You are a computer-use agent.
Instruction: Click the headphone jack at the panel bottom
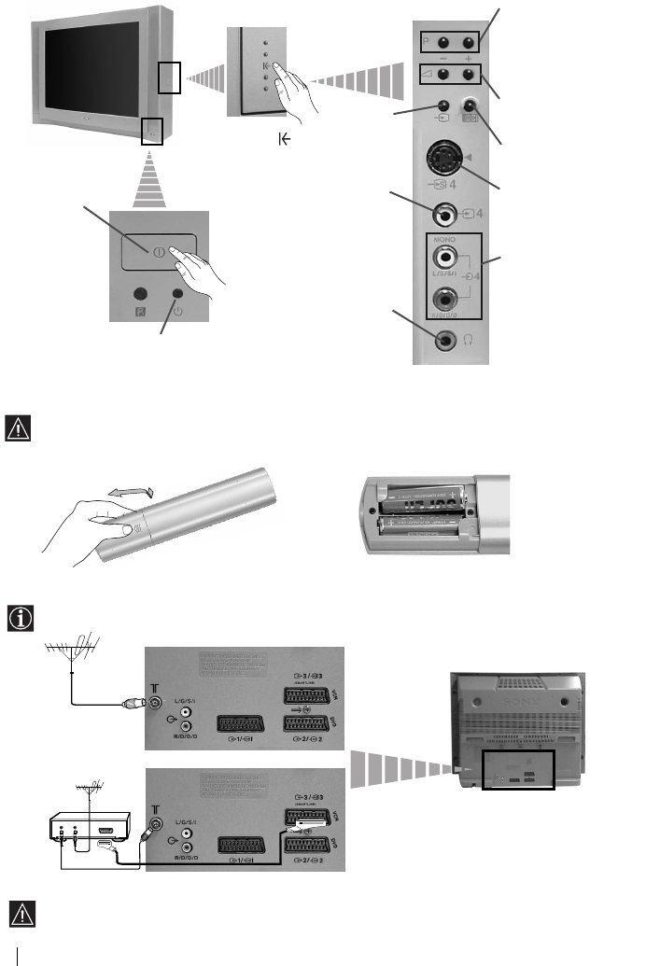tap(447, 341)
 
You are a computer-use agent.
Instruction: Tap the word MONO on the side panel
tap(447, 239)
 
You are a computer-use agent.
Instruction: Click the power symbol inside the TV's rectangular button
tap(149, 250)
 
